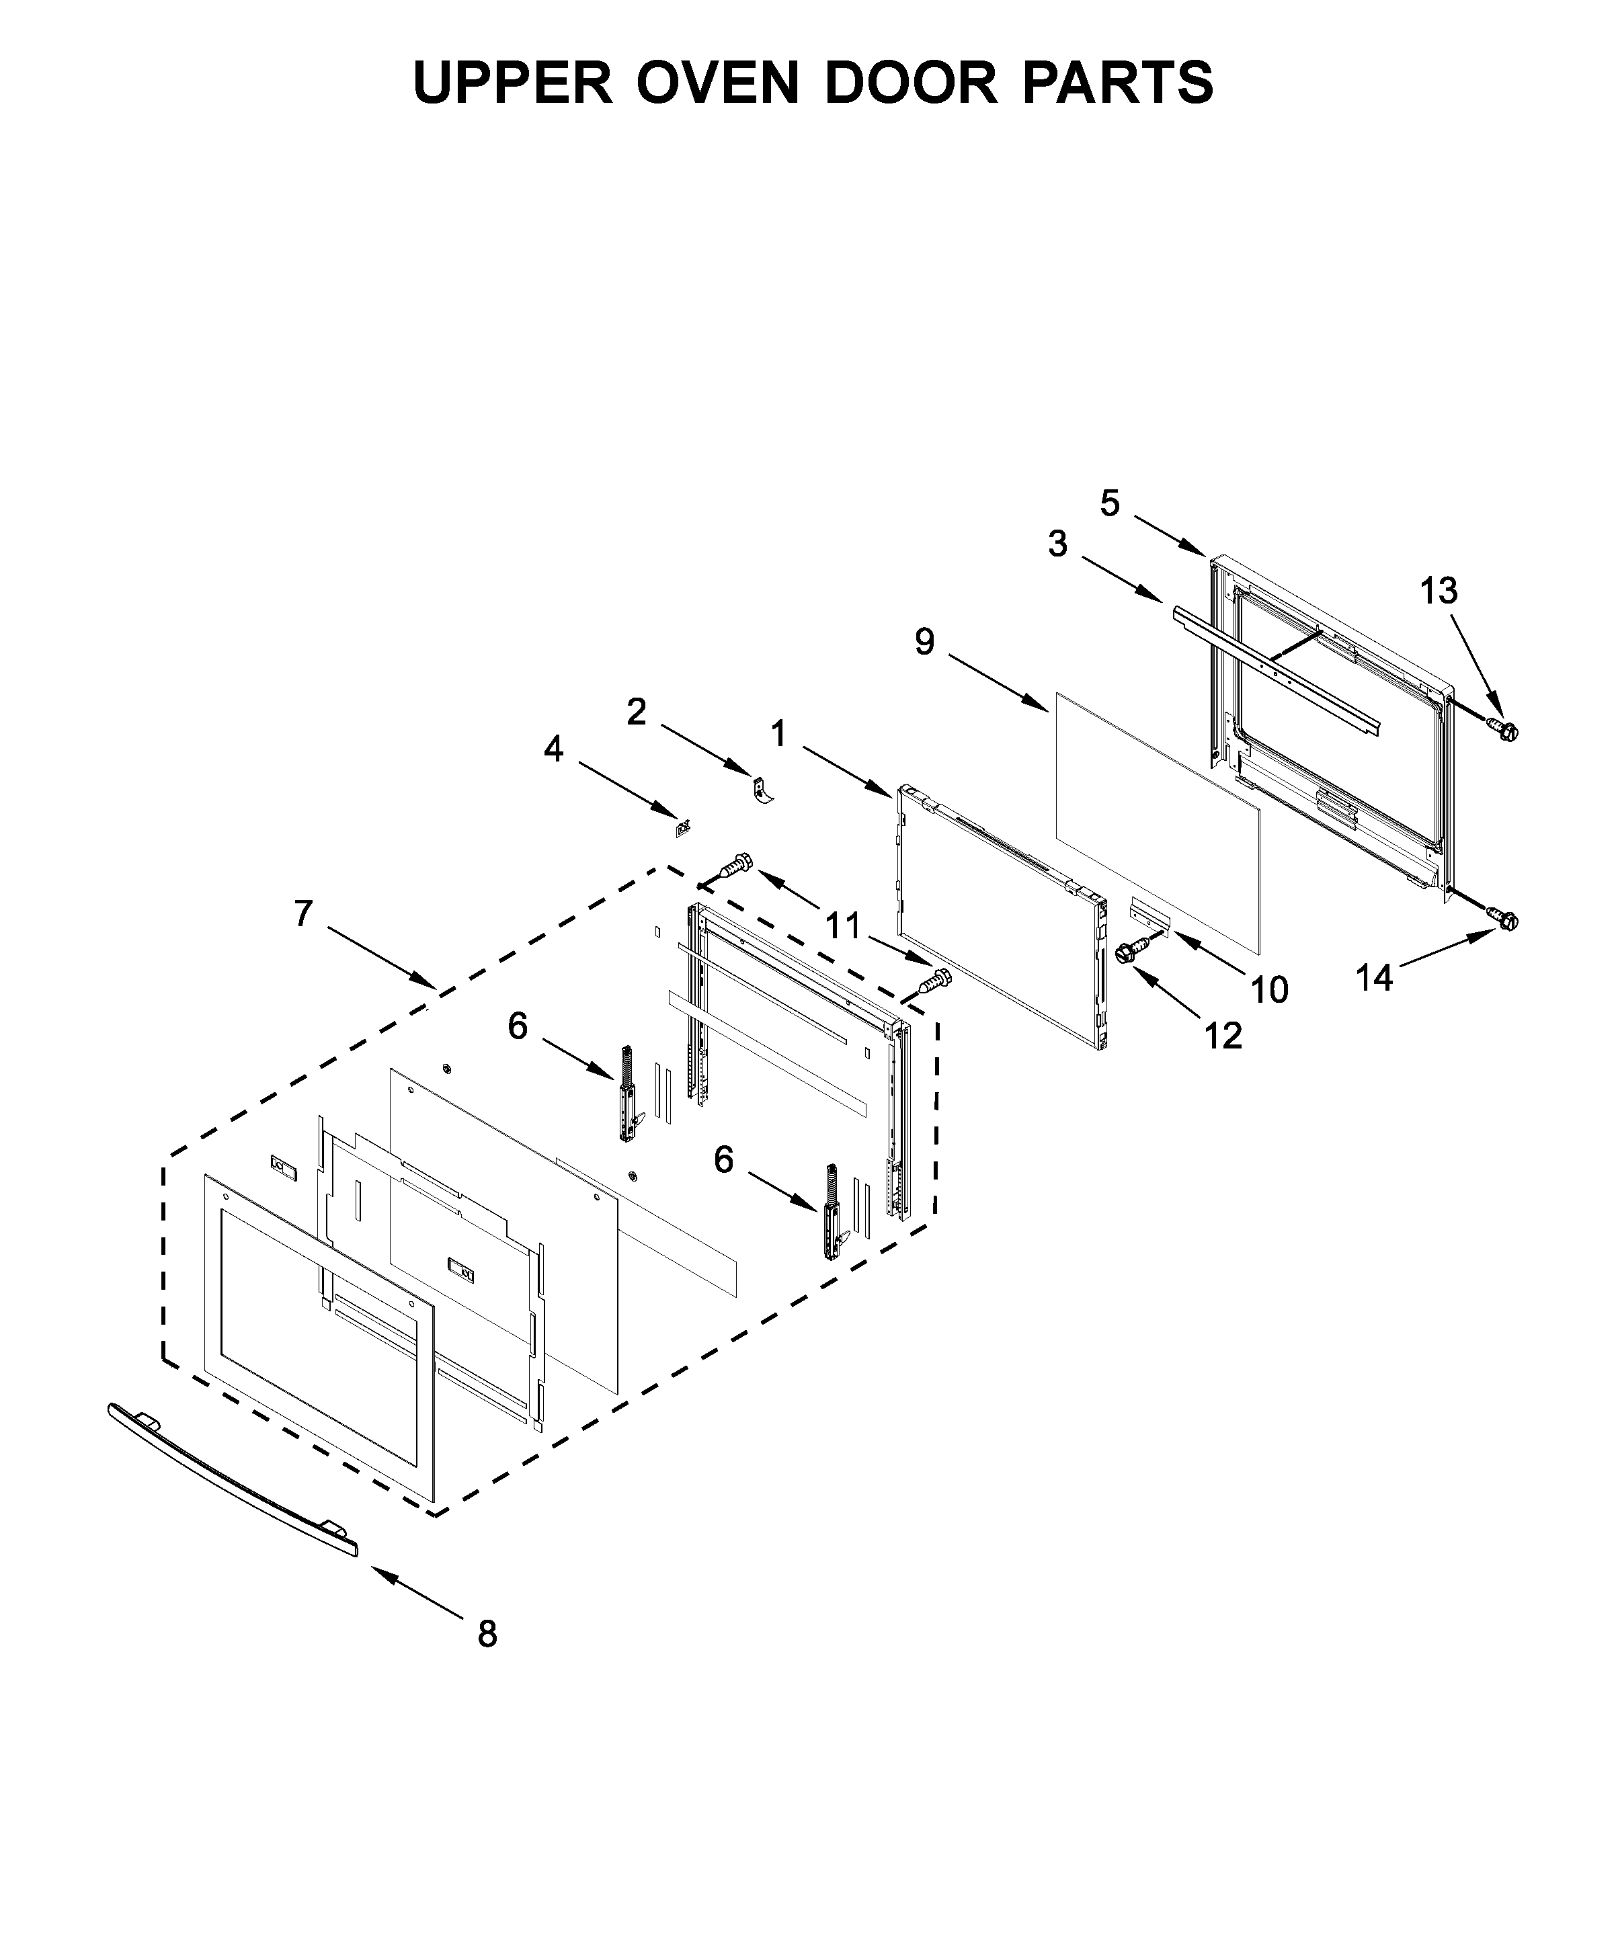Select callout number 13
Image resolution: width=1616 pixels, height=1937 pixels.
coord(1438,591)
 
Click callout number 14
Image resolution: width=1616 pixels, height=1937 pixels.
coord(1373,978)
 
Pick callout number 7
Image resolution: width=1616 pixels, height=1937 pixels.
coord(305,913)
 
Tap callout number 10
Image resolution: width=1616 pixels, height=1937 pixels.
coord(1269,990)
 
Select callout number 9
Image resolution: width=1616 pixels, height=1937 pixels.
coord(925,641)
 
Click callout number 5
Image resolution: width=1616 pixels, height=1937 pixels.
coord(1110,503)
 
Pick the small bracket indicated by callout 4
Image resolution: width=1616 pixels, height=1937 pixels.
coord(684,827)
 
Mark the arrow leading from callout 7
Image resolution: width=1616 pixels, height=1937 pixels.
coord(382,959)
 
